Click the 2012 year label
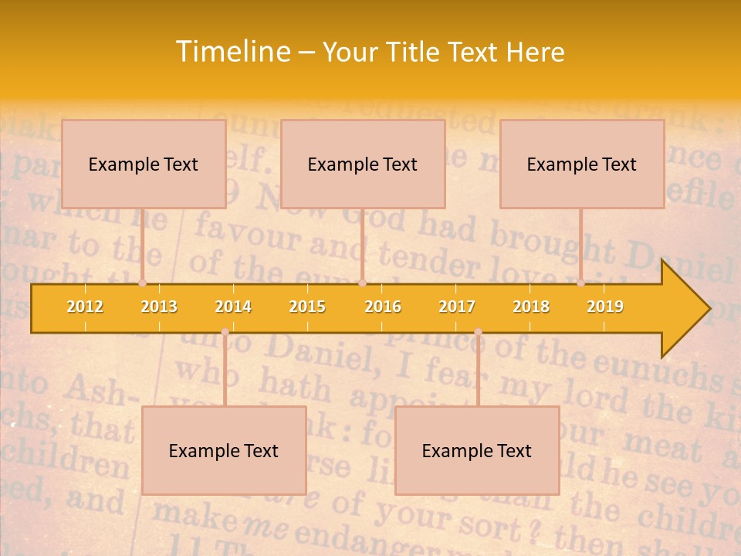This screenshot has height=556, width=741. [85, 307]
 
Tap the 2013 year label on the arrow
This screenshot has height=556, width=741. [159, 307]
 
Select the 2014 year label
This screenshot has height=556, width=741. [233, 307]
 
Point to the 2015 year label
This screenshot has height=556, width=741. [307, 307]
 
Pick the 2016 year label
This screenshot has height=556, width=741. [383, 307]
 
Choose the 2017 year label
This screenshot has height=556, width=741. [457, 307]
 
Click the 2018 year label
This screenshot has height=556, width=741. [531, 307]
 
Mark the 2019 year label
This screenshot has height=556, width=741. [605, 307]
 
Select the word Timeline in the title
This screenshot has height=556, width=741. [232, 52]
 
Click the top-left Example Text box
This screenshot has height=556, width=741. [144, 164]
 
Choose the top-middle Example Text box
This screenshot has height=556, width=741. [363, 164]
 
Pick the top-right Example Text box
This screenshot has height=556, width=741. [582, 164]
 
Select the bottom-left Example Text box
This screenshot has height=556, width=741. [224, 450]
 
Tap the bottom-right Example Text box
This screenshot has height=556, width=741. [477, 450]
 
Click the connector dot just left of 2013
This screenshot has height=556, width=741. [142, 283]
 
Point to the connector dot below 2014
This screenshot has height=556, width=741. [225, 332]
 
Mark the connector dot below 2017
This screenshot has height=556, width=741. [478, 332]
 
